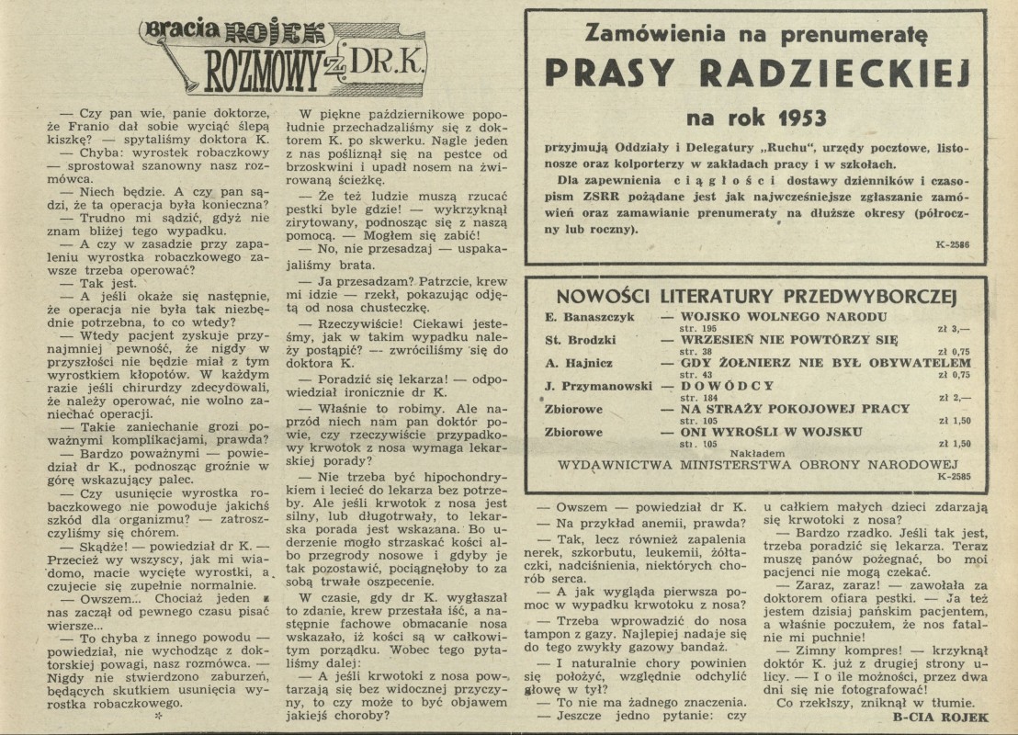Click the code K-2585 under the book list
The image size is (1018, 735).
tap(954, 477)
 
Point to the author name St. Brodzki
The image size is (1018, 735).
tap(579, 340)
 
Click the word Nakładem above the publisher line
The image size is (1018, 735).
tap(756, 452)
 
